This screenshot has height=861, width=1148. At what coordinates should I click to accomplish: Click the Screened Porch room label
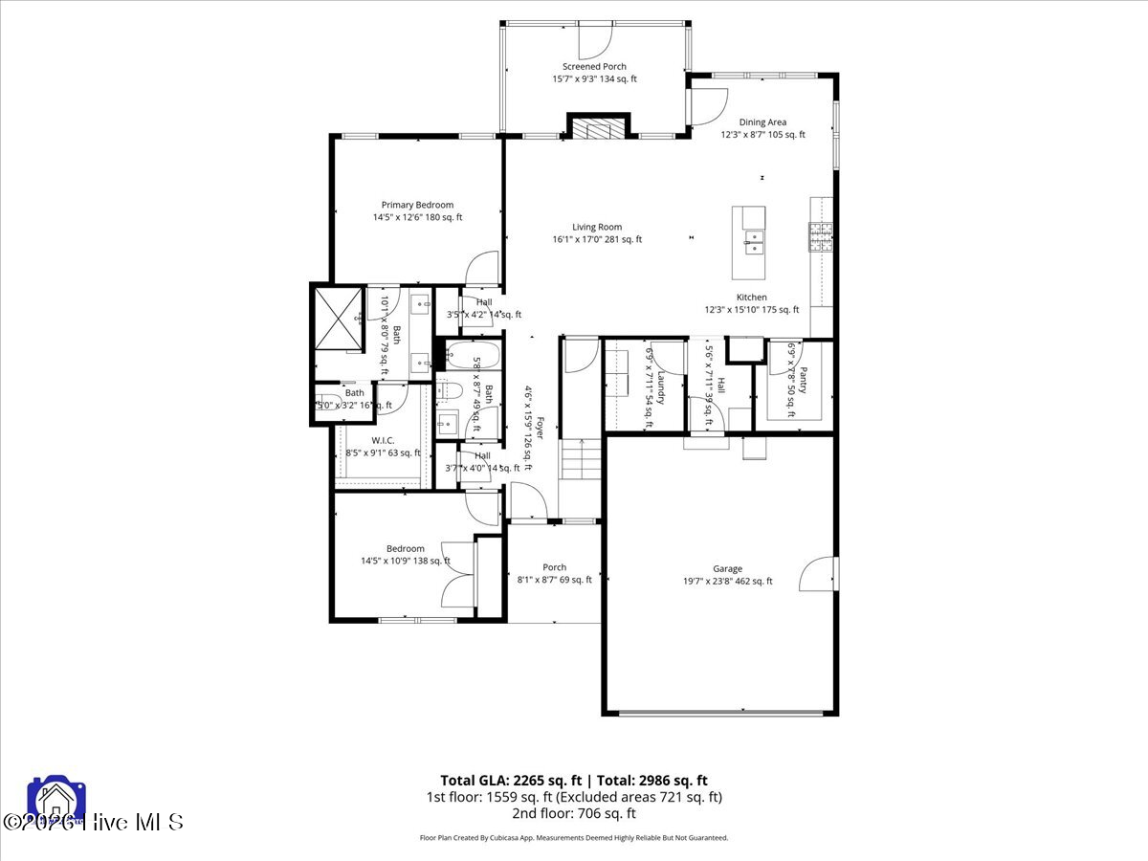tap(594, 67)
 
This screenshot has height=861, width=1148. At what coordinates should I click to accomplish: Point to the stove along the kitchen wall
tap(821, 235)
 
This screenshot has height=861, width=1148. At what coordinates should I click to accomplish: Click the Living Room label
tap(597, 228)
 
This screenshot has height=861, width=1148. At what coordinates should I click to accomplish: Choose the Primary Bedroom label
tap(417, 205)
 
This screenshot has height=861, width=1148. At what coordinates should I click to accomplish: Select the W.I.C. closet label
tap(383, 441)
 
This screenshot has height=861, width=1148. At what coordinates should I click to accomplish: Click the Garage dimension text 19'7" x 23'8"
tap(727, 581)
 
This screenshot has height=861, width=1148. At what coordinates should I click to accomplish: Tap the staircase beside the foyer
tap(580, 460)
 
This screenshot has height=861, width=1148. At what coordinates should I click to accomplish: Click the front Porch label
tap(554, 567)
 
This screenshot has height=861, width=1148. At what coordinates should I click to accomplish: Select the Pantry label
tap(804, 381)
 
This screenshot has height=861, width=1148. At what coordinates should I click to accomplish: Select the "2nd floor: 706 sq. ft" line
tap(574, 813)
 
